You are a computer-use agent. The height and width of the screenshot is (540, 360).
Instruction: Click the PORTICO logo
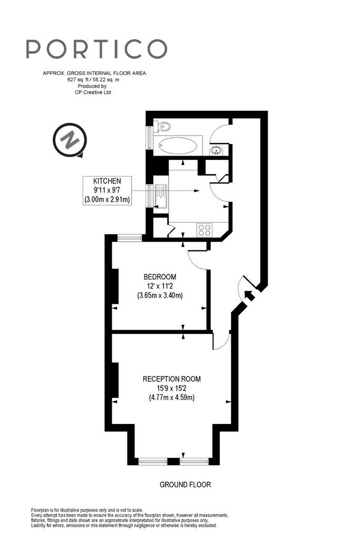click(x=96, y=49)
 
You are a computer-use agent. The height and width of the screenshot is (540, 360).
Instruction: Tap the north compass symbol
click(x=70, y=140)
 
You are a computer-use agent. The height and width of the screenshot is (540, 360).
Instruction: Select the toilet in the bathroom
click(x=162, y=126)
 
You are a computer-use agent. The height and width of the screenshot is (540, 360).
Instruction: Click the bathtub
click(x=178, y=146)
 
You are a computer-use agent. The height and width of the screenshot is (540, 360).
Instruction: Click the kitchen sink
click(x=160, y=196)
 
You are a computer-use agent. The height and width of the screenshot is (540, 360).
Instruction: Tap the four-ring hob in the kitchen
click(x=205, y=230)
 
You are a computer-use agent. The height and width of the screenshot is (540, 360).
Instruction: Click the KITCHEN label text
click(x=107, y=181)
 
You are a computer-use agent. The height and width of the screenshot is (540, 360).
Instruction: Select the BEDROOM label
click(x=160, y=276)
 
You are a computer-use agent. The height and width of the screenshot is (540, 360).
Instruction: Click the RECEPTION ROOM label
click(x=172, y=379)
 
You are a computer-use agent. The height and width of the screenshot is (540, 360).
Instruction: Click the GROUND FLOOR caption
click(x=185, y=485)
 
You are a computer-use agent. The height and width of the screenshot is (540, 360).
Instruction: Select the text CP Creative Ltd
click(x=93, y=92)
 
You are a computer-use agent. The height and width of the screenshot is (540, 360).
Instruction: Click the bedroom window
click(x=130, y=237)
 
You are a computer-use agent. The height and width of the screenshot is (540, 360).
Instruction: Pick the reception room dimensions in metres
click(x=172, y=398)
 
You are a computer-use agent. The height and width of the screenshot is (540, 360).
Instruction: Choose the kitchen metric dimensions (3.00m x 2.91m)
click(x=107, y=199)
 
